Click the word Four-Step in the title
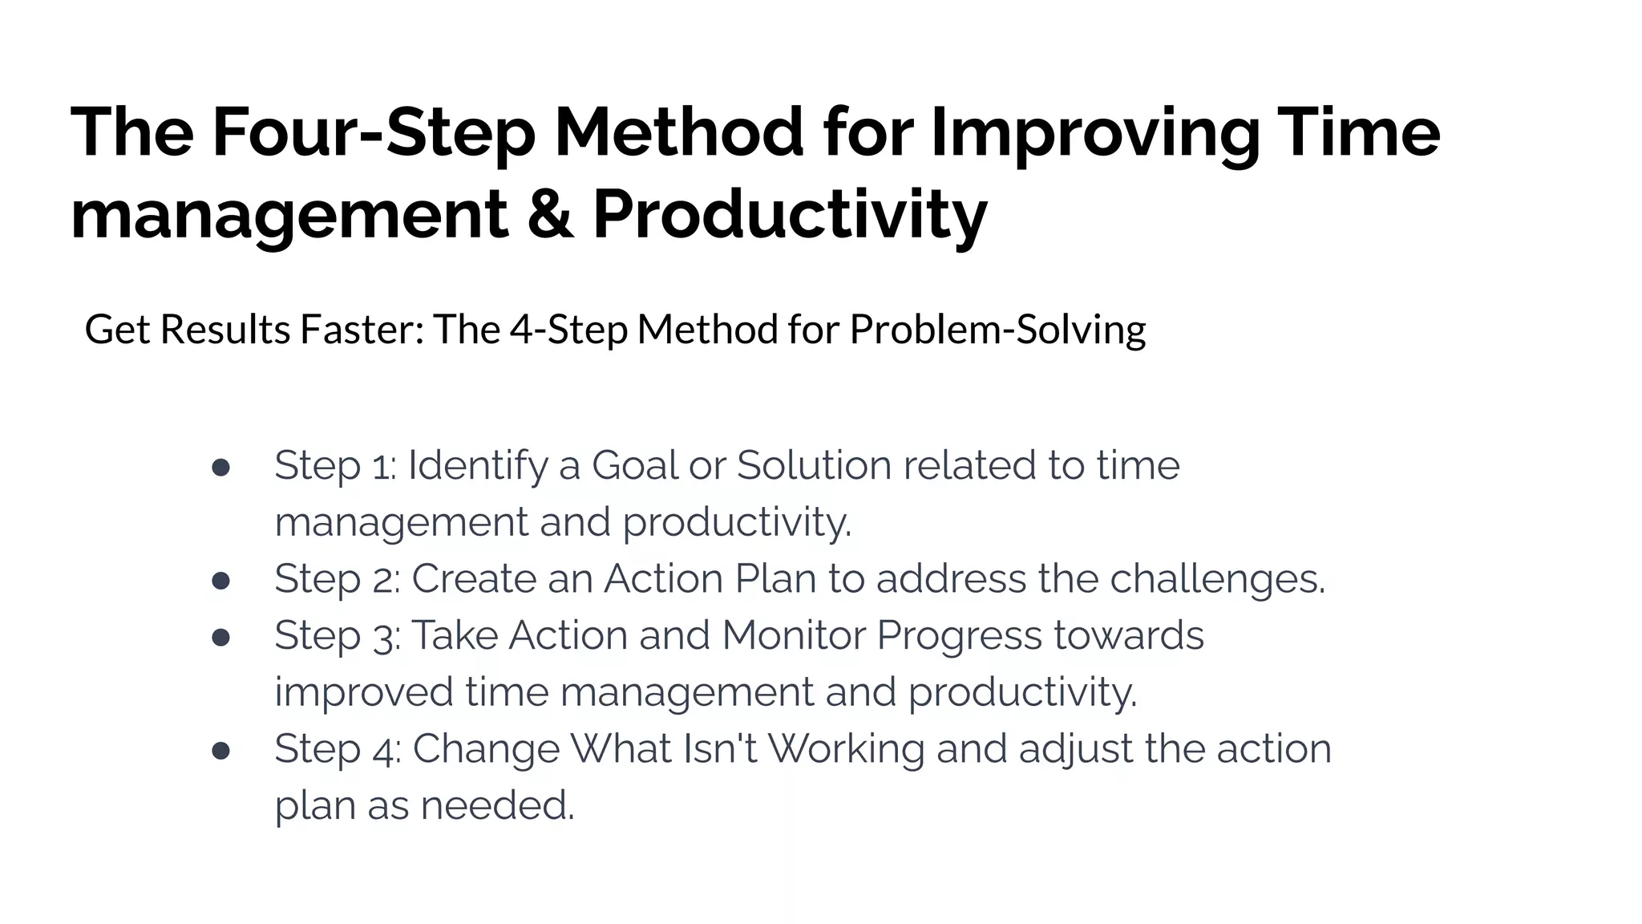pos(374,132)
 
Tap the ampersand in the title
pos(550,214)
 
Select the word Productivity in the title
pos(789,214)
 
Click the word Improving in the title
pos(1095,132)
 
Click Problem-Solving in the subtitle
pos(997,330)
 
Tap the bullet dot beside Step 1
pos(221,468)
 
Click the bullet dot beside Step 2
pos(221,581)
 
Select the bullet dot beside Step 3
pos(221,638)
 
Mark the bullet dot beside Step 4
pos(221,751)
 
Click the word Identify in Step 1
pos(477,466)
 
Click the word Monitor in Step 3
pos(793,635)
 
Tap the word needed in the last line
pos(497,806)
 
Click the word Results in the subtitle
pos(224,330)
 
